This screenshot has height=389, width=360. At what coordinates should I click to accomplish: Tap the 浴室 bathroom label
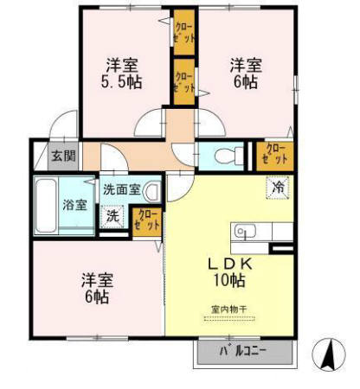tap(74, 205)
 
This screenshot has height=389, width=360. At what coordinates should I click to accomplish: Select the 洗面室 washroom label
tap(121, 189)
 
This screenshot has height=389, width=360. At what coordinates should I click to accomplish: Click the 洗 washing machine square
tap(112, 216)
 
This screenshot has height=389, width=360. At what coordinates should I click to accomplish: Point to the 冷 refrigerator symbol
tap(279, 186)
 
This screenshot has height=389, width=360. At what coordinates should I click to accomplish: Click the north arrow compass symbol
tap(329, 355)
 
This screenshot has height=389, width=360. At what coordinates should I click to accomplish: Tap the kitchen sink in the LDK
tap(242, 232)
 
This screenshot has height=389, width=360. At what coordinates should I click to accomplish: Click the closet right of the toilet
tap(274, 155)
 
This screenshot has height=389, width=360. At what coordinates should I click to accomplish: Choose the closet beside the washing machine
tap(147, 220)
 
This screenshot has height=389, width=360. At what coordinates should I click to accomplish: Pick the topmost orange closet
tap(183, 32)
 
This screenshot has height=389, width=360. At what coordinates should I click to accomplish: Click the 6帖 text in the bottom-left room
tap(97, 297)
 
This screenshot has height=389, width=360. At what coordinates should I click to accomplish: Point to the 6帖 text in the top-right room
tap(245, 82)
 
